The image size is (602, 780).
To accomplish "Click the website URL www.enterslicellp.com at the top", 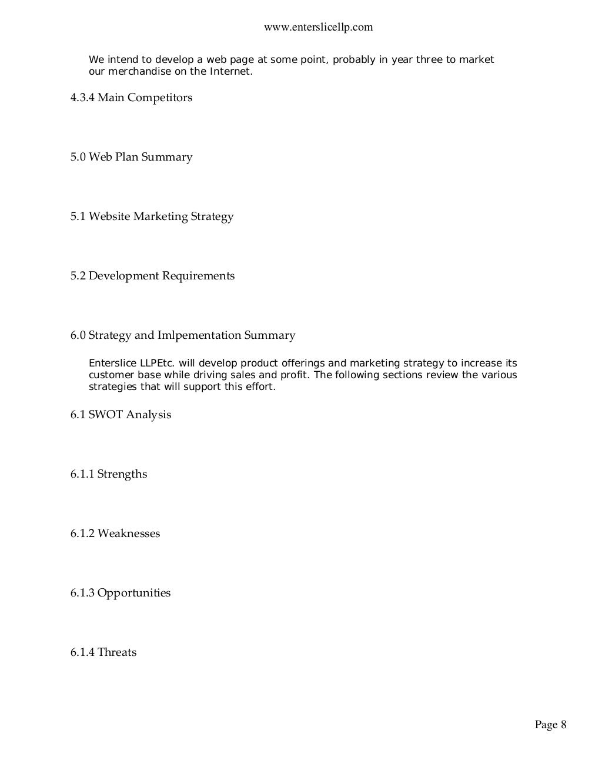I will (x=319, y=27).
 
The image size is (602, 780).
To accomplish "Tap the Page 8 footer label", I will (x=550, y=725).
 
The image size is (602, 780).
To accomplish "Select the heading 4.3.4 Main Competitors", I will (x=131, y=98).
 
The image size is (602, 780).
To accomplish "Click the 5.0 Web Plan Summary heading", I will (x=131, y=157).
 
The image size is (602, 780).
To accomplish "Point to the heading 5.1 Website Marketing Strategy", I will (x=152, y=216).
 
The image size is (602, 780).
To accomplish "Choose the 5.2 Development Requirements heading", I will (x=152, y=276).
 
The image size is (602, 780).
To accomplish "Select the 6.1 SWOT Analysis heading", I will (x=121, y=415).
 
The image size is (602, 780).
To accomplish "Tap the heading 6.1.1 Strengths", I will (x=109, y=474).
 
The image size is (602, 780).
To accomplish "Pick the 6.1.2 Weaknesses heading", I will (x=115, y=534).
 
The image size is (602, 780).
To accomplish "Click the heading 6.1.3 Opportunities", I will (x=121, y=593).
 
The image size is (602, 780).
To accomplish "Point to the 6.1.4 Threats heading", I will (x=103, y=652).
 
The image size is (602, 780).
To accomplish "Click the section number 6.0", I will (x=78, y=335).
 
